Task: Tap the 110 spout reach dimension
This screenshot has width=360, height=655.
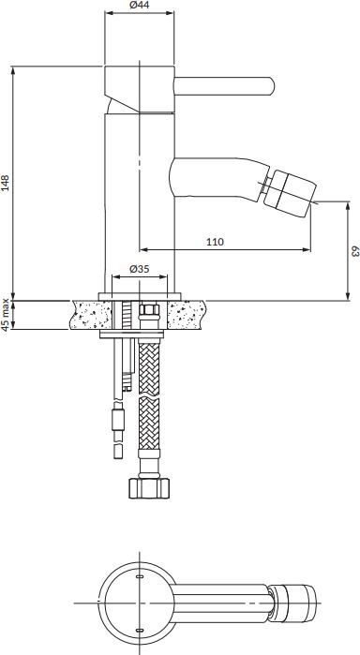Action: pyautogui.click(x=215, y=241)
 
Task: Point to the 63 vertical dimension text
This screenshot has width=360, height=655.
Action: pyautogui.click(x=352, y=251)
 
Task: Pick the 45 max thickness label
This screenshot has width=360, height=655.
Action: pyautogui.click(x=7, y=316)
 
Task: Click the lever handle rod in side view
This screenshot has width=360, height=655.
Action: pyautogui.click(x=225, y=87)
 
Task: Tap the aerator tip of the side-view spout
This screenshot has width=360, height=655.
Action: pyautogui.click(x=293, y=191)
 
